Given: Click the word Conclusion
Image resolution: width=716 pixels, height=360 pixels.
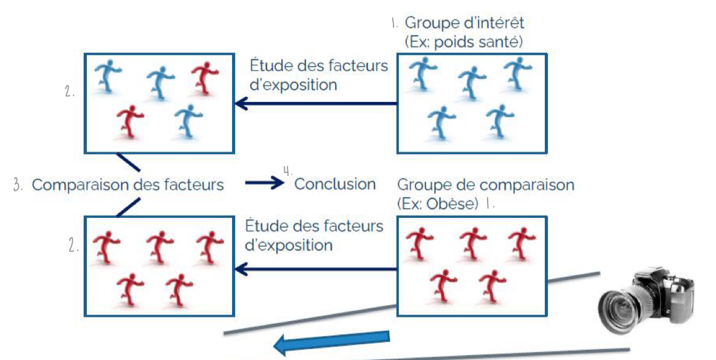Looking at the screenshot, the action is point(335,184).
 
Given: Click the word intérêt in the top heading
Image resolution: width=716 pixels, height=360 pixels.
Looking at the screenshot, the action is point(493,24).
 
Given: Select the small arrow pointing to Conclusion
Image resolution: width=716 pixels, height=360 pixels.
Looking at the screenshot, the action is point(265,183).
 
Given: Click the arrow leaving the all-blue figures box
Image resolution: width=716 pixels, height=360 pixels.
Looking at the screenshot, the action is point(316,104).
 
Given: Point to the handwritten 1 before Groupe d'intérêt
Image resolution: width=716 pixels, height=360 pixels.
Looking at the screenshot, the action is point(394,24).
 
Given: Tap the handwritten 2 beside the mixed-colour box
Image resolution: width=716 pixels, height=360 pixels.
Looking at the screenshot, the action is point(69,92).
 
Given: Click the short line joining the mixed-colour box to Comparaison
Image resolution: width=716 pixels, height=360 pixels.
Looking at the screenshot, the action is point(128,161).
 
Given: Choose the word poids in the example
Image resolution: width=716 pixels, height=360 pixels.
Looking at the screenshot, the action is point(468,42).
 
